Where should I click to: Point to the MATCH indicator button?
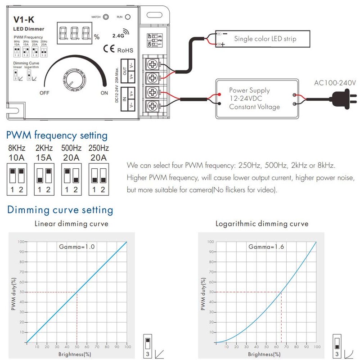click(106, 17)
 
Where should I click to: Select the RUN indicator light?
click(127, 17)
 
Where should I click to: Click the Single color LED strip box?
click(264, 39)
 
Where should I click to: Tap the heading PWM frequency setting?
click(56, 135)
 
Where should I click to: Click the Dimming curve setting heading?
click(59, 210)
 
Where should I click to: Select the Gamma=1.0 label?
click(77, 247)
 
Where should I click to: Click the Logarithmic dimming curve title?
click(262, 224)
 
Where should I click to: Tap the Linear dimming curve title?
click(72, 224)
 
